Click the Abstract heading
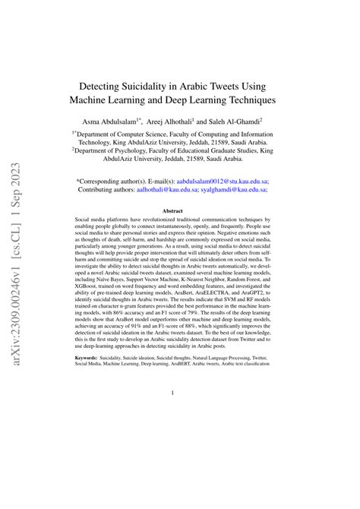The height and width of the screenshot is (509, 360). pyautogui.click(x=179, y=211)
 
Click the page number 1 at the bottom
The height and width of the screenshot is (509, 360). pyautogui.click(x=180, y=393)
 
